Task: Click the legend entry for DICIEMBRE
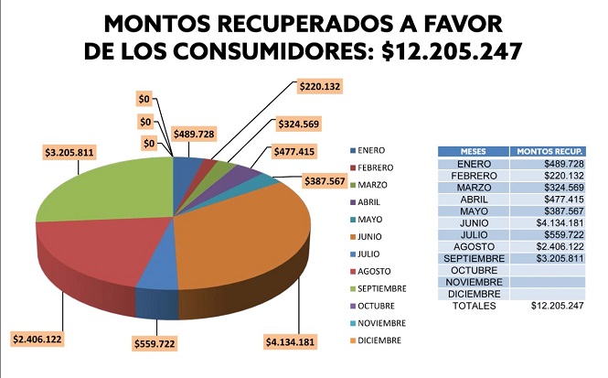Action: pyautogui.click(x=379, y=341)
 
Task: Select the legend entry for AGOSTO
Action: pyautogui.click(x=376, y=271)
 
